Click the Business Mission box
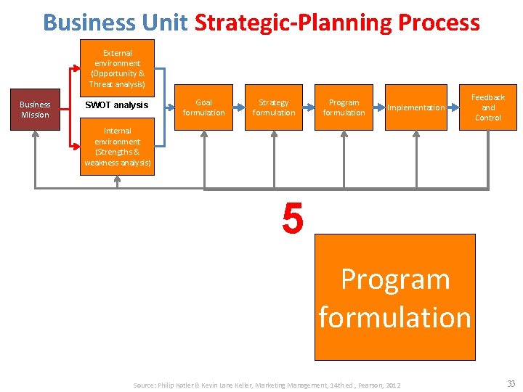(35, 110)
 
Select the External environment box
(117, 68)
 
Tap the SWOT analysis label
(116, 105)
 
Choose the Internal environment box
(117, 147)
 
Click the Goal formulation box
(204, 107)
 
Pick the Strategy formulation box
(274, 107)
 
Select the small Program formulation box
(344, 107)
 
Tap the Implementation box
(415, 107)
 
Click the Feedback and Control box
(487, 107)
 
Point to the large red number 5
(292, 220)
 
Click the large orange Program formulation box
(394, 298)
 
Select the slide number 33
(511, 384)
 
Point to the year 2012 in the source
(392, 385)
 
